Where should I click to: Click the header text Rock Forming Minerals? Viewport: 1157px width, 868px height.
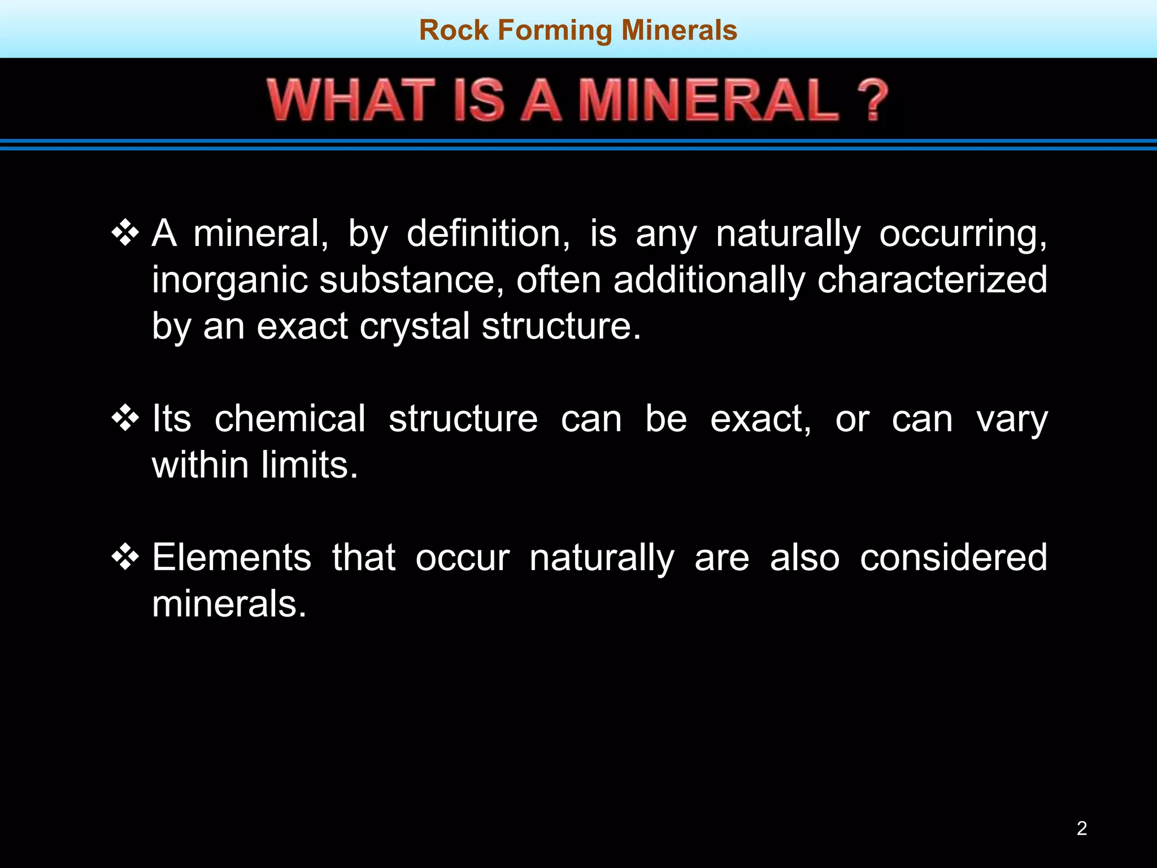tap(578, 30)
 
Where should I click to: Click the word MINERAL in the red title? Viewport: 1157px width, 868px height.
tap(709, 101)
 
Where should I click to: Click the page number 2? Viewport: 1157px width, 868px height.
tap(1081, 828)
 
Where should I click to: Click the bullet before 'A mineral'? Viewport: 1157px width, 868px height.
tap(125, 233)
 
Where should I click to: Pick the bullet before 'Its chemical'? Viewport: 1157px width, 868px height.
tap(125, 418)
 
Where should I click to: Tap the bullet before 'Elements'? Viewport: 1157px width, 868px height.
tap(125, 557)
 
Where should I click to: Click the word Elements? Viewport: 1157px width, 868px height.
tap(232, 557)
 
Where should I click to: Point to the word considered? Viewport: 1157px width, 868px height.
tap(953, 557)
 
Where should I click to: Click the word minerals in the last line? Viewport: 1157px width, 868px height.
tap(229, 604)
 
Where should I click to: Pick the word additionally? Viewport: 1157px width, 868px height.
tap(709, 280)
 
